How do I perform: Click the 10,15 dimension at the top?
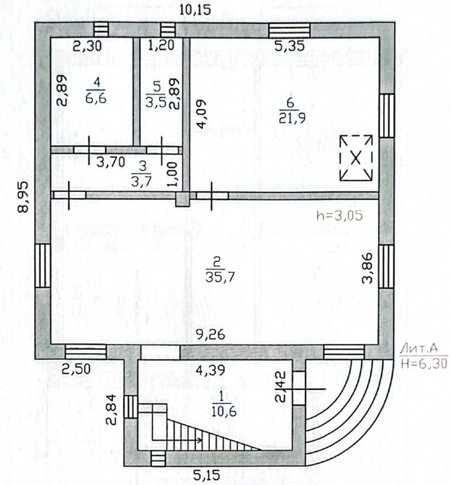click(195, 10)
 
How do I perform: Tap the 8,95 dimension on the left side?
click(23, 197)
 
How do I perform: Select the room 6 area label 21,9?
click(292, 118)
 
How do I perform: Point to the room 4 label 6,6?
click(96, 99)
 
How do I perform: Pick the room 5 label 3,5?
click(155, 102)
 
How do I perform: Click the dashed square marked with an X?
click(356, 158)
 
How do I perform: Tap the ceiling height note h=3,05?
click(339, 216)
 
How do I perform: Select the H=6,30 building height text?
click(424, 363)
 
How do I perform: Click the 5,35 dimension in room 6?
click(290, 46)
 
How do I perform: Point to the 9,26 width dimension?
click(210, 334)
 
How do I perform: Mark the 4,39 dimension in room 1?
click(210, 370)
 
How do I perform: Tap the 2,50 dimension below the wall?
click(76, 369)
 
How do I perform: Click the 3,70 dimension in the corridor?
click(111, 162)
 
